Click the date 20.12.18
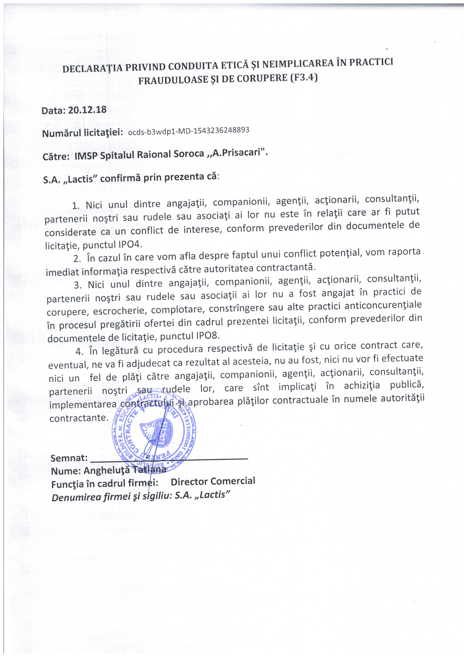pyautogui.click(x=87, y=110)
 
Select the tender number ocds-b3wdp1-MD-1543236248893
pyautogui.click(x=189, y=131)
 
